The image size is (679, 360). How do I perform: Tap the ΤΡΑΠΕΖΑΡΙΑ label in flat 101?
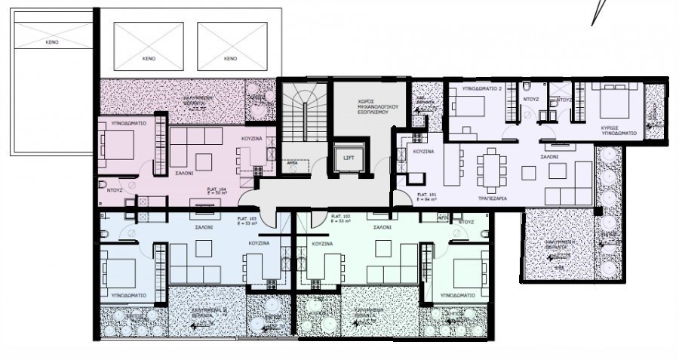pyautogui.click(x=491, y=198)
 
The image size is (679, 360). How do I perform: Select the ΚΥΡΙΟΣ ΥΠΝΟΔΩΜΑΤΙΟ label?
pyautogui.click(x=619, y=130)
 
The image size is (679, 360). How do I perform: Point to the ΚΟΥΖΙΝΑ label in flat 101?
pyautogui.click(x=422, y=152)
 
